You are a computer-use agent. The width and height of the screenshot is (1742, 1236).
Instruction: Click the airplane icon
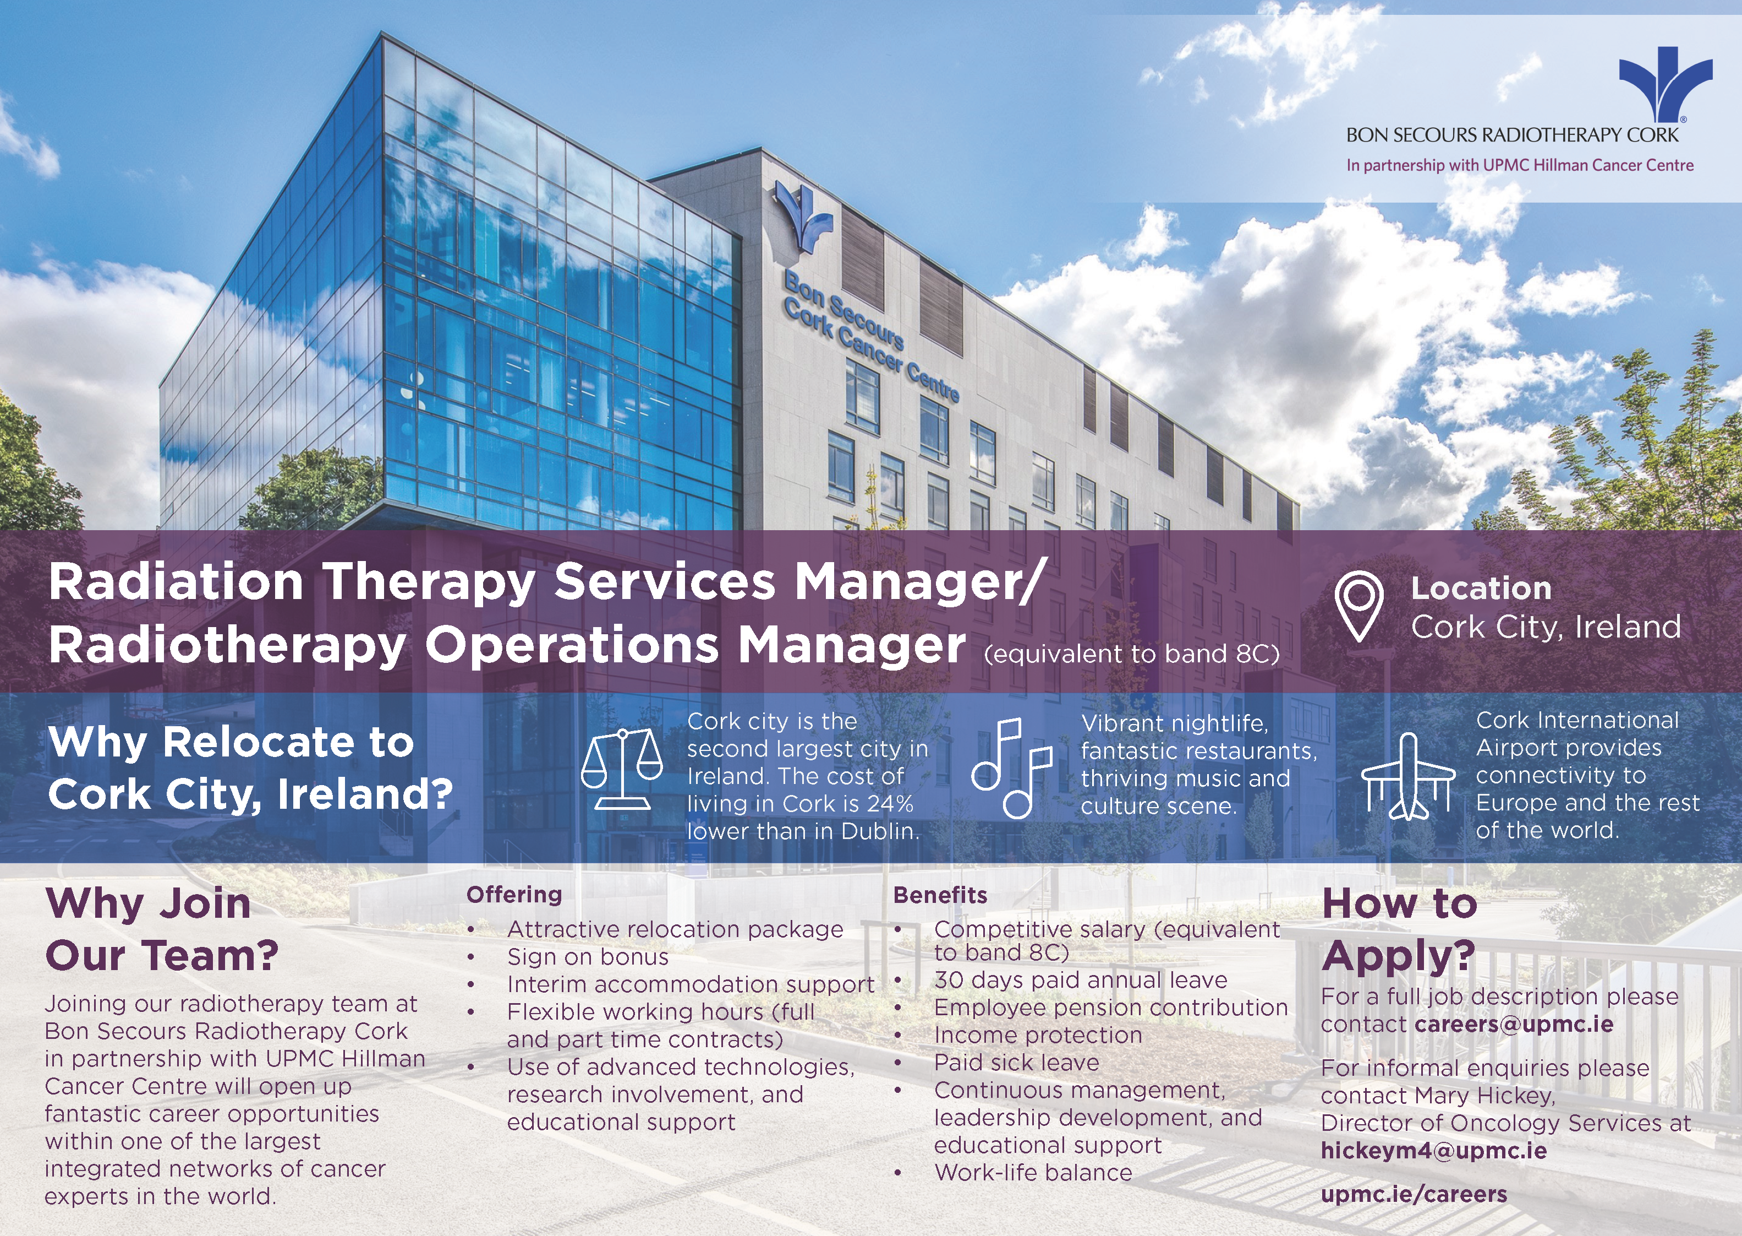pyautogui.click(x=1408, y=776)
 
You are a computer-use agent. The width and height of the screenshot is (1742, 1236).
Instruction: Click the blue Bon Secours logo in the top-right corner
pyautogui.click(x=1665, y=84)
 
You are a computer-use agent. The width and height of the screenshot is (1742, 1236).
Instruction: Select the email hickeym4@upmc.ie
pyautogui.click(x=1434, y=1151)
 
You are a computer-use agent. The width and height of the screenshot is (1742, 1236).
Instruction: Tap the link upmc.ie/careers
pyautogui.click(x=1414, y=1194)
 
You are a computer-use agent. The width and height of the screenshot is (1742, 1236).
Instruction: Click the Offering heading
pyautogui.click(x=514, y=894)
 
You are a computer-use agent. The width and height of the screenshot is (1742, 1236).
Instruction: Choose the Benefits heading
pyautogui.click(x=940, y=895)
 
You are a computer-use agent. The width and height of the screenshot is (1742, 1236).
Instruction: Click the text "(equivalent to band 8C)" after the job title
pyautogui.click(x=1132, y=654)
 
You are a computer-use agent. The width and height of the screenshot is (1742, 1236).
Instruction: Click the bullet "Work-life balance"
pyautogui.click(x=1033, y=1173)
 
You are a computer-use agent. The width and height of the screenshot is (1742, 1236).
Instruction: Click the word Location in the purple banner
pyautogui.click(x=1481, y=589)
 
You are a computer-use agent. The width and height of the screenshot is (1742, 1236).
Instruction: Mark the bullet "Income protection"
pyautogui.click(x=1038, y=1035)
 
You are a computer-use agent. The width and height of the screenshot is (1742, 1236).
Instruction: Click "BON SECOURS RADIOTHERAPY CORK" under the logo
pyautogui.click(x=1512, y=135)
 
